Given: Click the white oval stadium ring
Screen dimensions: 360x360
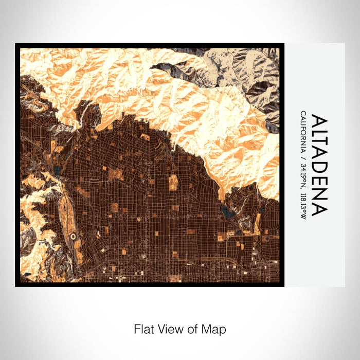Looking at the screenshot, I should [x=73, y=236].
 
